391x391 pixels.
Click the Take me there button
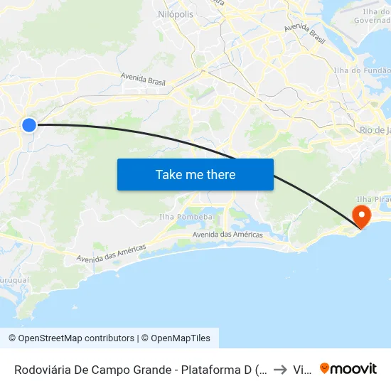coord(195,174)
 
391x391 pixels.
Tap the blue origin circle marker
coord(28,125)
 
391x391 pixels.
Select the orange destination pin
coord(362,215)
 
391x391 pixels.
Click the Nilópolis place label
coord(174,14)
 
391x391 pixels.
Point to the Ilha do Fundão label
coord(362,70)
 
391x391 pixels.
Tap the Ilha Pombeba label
coord(186,216)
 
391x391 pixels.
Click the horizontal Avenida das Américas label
coord(227,235)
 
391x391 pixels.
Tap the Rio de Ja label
coord(375,130)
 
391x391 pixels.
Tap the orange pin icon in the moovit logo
coord(325,369)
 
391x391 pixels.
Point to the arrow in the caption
coord(279,370)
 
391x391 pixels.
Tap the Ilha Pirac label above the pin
coord(373,199)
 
